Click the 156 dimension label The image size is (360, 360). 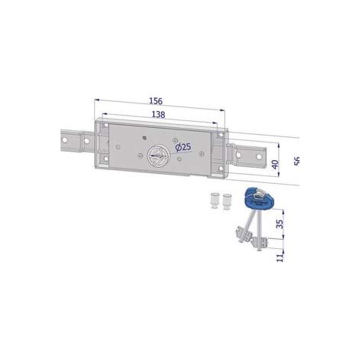[x=155, y=101]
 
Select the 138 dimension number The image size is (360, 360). [x=159, y=115]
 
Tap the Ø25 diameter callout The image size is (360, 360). [x=183, y=147]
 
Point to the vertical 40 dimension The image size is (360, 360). [x=275, y=164]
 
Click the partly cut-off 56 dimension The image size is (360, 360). [x=296, y=161]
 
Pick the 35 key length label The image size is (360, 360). [x=280, y=224]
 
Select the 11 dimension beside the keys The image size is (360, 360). [x=280, y=257]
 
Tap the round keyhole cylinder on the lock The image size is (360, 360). [x=157, y=156]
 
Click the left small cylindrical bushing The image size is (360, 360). [x=214, y=200]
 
